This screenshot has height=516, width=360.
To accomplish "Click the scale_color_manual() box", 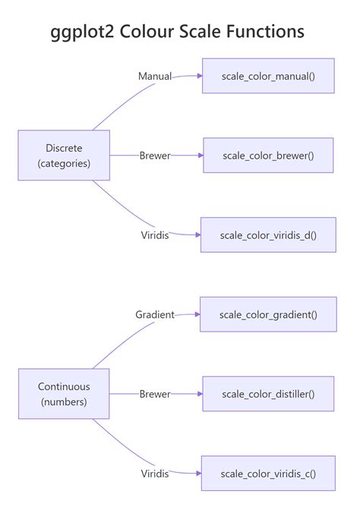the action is pyautogui.click(x=268, y=76).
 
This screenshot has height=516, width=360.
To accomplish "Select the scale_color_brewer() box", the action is pyautogui.click(x=268, y=156).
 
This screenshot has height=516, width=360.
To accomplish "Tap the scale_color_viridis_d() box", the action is pyautogui.click(x=268, y=235).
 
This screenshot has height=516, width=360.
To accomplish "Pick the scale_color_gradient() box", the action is pyautogui.click(x=268, y=314).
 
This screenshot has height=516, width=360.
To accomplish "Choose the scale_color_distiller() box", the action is pyautogui.click(x=268, y=394).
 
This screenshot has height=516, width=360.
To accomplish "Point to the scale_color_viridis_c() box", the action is pyautogui.click(x=268, y=474).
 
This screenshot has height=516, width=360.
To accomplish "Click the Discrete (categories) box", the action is pyautogui.click(x=64, y=156).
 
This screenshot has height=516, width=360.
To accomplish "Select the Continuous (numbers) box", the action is pyautogui.click(x=64, y=394).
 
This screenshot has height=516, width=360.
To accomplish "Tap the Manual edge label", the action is pyautogui.click(x=155, y=76).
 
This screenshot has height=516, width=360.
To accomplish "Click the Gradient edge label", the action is pyautogui.click(x=155, y=315).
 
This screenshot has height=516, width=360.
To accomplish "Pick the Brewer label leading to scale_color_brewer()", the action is pyautogui.click(x=155, y=156).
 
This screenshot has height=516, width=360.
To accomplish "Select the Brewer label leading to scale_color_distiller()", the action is pyautogui.click(x=155, y=394).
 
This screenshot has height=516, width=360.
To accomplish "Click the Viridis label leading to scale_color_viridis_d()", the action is pyautogui.click(x=155, y=235).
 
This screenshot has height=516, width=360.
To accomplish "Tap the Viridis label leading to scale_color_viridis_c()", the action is pyautogui.click(x=155, y=474).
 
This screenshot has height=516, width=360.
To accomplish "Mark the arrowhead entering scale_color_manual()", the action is pyautogui.click(x=200, y=76).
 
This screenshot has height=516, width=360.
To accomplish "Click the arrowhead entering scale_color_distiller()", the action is pyautogui.click(x=200, y=394).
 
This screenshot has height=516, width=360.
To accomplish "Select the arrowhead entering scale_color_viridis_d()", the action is pyautogui.click(x=198, y=235).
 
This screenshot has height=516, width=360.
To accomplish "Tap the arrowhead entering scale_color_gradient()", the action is pyautogui.click(x=197, y=314).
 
